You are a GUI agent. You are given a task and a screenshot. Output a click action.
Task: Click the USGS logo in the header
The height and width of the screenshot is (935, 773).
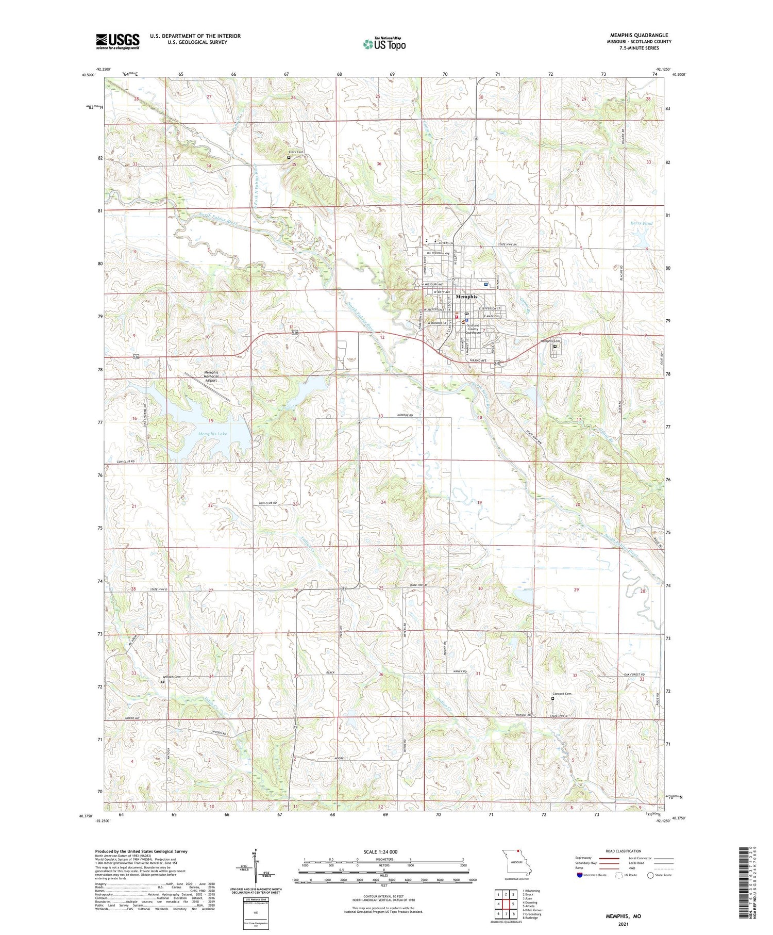117,41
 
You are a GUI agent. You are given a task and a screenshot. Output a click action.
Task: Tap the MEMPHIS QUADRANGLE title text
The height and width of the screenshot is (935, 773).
638,35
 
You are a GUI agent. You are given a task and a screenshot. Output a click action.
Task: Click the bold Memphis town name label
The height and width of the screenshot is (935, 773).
466,297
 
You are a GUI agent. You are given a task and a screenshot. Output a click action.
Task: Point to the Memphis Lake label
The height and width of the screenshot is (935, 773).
212,434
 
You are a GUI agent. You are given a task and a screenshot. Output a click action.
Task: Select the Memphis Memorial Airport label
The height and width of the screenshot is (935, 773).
211,376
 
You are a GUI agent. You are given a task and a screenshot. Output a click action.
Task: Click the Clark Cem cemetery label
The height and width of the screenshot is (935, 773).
296,152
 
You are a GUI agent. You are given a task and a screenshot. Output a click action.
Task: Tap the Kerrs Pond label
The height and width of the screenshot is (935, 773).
641,223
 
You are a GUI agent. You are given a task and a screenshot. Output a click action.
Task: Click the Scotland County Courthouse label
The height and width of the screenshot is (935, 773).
473,329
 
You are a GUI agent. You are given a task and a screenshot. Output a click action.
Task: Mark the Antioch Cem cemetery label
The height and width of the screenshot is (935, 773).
172,677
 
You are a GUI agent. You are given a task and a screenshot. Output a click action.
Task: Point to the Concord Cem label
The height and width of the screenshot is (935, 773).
562,694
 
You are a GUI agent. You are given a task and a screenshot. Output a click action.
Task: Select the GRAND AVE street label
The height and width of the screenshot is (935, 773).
478,360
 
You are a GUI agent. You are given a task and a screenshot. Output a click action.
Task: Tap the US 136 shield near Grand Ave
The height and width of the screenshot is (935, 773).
497,363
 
